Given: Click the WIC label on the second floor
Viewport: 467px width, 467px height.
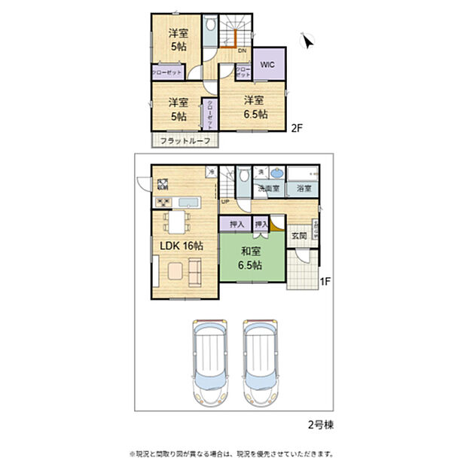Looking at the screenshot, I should pyautogui.click(x=267, y=65).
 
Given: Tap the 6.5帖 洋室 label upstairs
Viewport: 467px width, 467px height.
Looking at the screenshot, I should pyautogui.click(x=254, y=107).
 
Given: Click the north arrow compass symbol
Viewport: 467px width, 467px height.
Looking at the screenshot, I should pyautogui.click(x=307, y=41).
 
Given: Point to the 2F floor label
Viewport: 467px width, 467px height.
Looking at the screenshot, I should pyautogui.click(x=297, y=129).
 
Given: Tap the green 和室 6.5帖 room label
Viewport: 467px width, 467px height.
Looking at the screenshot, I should pyautogui.click(x=250, y=259).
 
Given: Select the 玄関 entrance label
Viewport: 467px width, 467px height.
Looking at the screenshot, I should pyautogui.click(x=299, y=236).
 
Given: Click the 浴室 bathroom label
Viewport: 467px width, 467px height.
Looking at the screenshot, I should pyautogui.click(x=304, y=188).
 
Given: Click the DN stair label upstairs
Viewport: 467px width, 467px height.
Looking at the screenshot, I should pyautogui.click(x=242, y=51).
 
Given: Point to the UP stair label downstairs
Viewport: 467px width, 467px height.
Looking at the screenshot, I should pyautogui.click(x=225, y=201).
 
